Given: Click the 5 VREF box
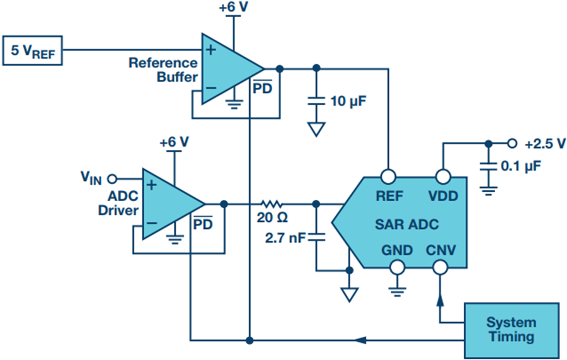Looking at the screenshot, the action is [33, 50].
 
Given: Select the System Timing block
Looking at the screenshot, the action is [512, 330].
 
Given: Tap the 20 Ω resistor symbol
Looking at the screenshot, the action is [272, 204].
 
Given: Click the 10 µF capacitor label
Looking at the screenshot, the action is [348, 101].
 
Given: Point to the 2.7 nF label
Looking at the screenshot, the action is [285, 238].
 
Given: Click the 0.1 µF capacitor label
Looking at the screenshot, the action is [521, 166].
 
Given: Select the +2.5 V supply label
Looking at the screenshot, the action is [545, 144].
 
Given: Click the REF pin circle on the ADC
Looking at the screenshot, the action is [388, 177].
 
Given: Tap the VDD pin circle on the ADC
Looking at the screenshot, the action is [444, 177].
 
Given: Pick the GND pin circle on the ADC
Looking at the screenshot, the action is [398, 268].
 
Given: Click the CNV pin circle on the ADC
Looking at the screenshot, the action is [440, 268].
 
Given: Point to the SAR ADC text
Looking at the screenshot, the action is [407, 224].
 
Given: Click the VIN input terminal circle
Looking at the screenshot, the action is [113, 178].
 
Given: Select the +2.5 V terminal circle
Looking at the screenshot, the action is [512, 144].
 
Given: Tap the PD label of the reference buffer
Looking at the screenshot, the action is [262, 87].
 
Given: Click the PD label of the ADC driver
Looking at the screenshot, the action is [203, 223].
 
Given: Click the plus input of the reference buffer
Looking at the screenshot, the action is [211, 50].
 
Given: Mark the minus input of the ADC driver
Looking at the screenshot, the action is [152, 223].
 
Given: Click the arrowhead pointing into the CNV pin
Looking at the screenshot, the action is [440, 300].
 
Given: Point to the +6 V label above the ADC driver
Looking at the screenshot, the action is [175, 142].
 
